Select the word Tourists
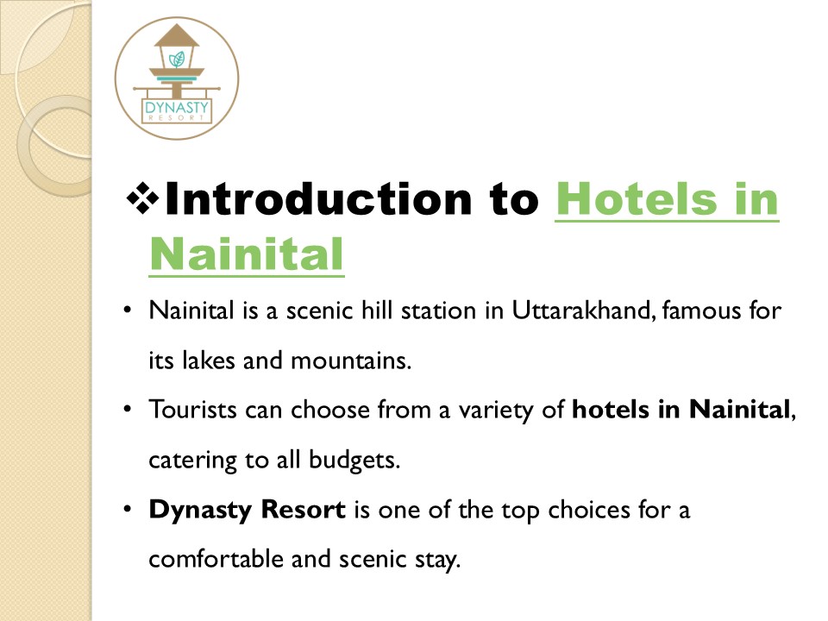click(x=193, y=410)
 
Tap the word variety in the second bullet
click(x=502, y=410)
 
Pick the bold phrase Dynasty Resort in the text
click(x=247, y=509)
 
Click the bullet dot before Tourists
click(x=127, y=410)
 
